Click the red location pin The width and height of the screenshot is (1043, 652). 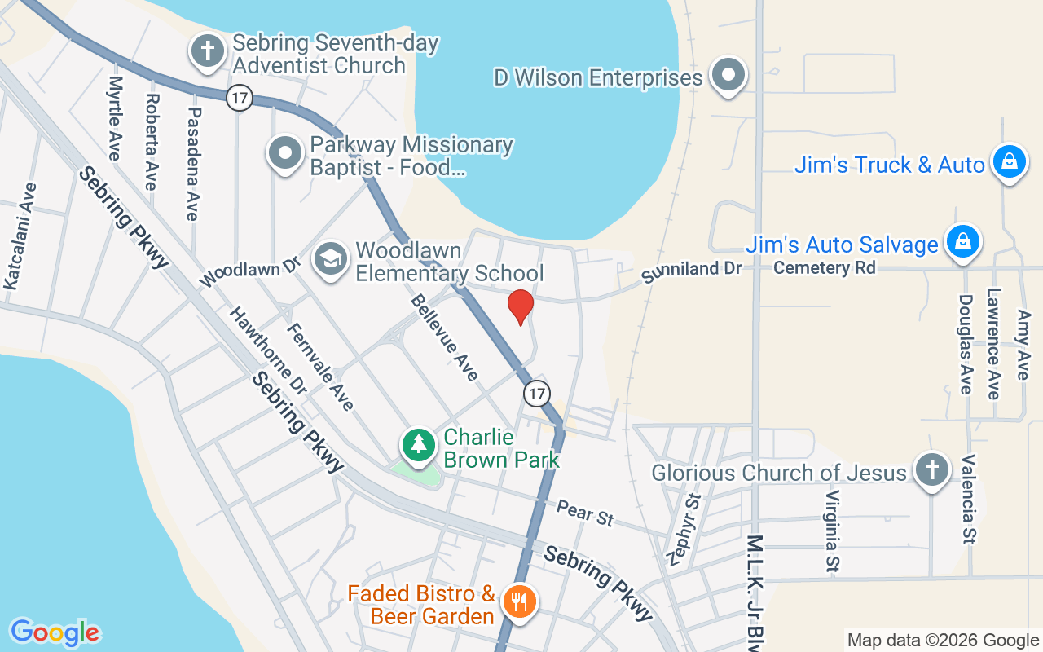coord(521,306)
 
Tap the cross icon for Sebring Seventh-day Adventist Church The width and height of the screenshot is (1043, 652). coord(208,51)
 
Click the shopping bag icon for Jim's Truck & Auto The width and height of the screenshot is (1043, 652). coord(1009,162)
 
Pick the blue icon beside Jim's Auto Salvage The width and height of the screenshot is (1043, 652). coord(962,242)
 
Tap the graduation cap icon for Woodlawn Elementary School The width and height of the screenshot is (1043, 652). coord(331,260)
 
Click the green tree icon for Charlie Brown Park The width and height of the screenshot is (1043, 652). coord(419,445)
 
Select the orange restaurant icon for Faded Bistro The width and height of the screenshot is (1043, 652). coord(518,603)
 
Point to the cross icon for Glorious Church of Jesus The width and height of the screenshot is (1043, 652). coord(931,470)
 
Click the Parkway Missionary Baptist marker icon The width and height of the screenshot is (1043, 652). coord(286,153)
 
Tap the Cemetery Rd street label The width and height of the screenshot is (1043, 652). coord(825,267)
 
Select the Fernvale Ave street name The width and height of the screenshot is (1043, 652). coord(320,367)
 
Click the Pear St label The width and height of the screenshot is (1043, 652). coord(585,513)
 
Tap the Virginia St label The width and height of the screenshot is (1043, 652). coord(832,530)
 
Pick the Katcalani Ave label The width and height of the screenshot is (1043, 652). coord(20,236)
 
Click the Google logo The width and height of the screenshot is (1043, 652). coord(55,632)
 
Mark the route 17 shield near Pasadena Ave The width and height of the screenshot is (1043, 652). coord(239,98)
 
